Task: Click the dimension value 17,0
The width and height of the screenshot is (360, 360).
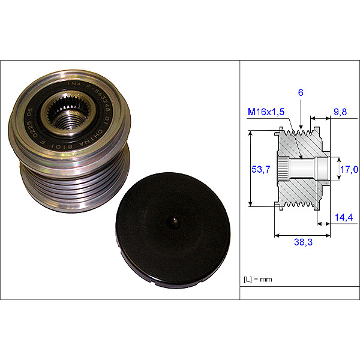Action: (348, 170)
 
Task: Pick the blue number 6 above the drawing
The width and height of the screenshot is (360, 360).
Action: (300, 93)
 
